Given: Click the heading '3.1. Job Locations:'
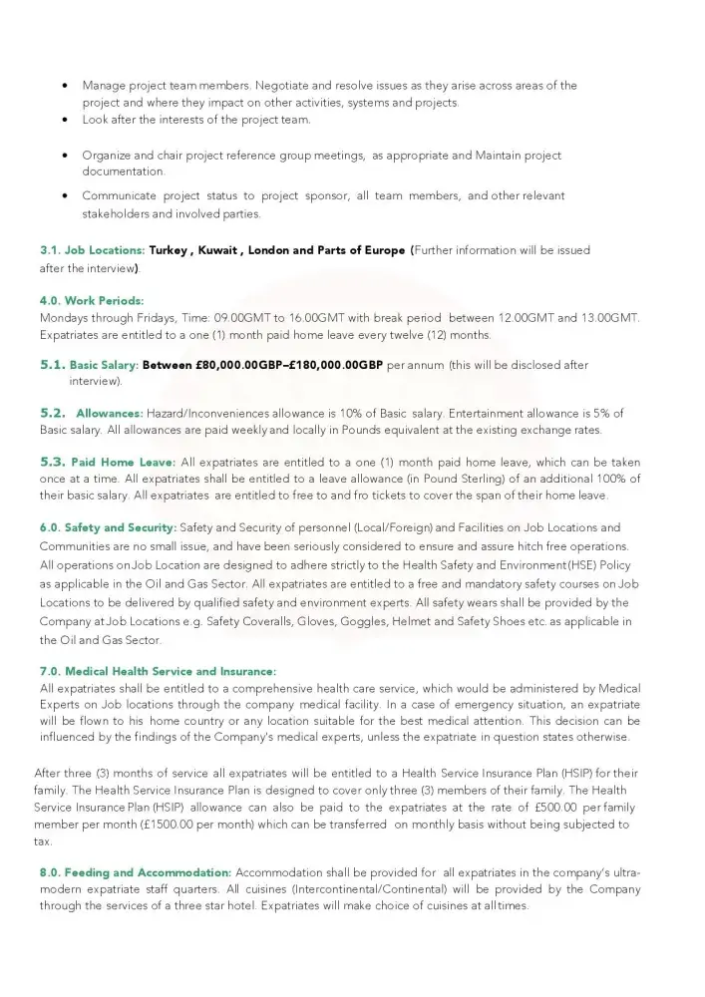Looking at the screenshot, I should tap(92, 250).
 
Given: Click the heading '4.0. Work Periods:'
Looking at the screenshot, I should tap(92, 300).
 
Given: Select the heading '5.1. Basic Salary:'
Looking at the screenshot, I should tap(89, 365).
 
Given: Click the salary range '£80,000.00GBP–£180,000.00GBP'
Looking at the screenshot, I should tap(262, 365).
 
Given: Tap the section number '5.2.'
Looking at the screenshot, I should tap(53, 413).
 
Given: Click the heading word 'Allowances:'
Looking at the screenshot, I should tap(110, 413).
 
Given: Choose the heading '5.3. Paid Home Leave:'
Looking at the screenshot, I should tap(108, 463).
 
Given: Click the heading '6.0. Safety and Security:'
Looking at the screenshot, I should tap(108, 527).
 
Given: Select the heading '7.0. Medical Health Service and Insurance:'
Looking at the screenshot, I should tap(158, 671).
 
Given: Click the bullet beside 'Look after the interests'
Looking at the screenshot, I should tap(65, 121).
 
